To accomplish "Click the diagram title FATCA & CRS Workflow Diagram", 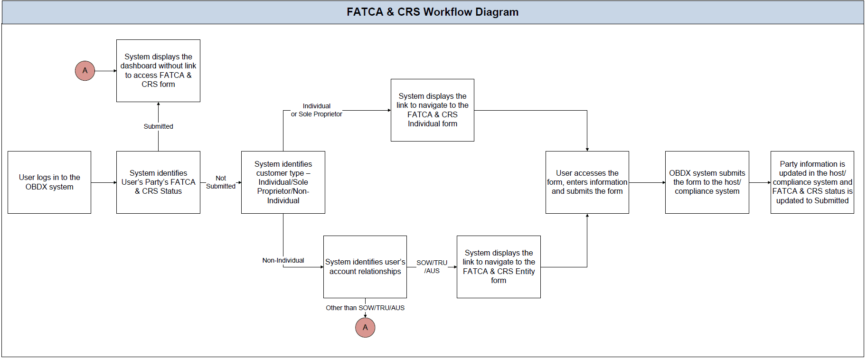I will tap(432, 12).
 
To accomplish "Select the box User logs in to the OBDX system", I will tap(49, 182).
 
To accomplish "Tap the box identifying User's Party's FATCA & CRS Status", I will tap(158, 182).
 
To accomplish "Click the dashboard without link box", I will tap(158, 71).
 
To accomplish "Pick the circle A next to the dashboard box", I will tap(85, 71).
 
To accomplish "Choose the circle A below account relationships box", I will tap(365, 328).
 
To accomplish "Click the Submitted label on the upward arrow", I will tap(158, 126).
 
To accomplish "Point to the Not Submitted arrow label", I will tap(221, 182).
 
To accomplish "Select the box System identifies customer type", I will tap(283, 182).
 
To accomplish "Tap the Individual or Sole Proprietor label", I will tap(316, 110).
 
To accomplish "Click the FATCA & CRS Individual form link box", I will tap(432, 110).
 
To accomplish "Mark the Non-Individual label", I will tap(283, 260).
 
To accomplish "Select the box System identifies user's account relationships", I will tap(365, 267).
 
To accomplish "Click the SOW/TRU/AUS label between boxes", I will tap(432, 266).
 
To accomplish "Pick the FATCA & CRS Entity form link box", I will tap(499, 267).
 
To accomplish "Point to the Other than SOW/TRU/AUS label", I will tap(365, 308).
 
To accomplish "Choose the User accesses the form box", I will tap(587, 182).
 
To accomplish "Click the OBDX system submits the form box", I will tap(707, 182).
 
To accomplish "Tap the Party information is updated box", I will tap(812, 182).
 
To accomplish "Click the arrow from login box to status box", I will tap(104, 182).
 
